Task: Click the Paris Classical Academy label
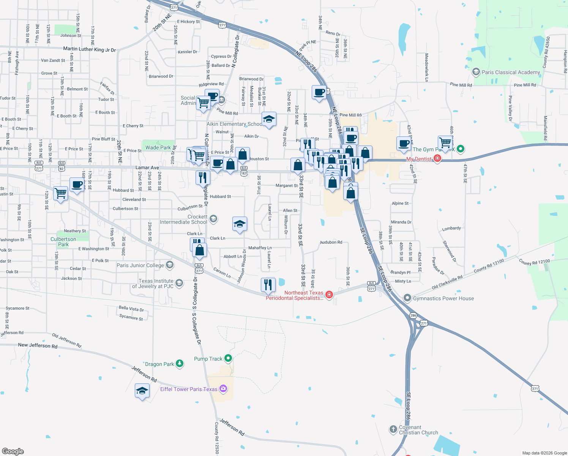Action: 511,72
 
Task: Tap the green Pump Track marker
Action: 228,358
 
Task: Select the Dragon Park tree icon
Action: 180,364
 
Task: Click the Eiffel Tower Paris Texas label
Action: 189,389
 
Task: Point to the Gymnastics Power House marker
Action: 407,298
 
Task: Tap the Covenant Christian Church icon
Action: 393,429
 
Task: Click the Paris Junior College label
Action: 140,265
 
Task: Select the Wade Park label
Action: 158,147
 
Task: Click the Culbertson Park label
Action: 63,242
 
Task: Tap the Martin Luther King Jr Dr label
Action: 89,49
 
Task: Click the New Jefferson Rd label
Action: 38,345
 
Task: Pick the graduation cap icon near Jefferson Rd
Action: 142,391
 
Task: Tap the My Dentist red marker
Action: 437,158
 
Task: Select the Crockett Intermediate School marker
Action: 213,218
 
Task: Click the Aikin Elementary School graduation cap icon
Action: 269,119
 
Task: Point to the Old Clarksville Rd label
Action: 447,282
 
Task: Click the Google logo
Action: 13,451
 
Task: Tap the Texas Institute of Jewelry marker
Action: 179,283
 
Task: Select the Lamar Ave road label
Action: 147,168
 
